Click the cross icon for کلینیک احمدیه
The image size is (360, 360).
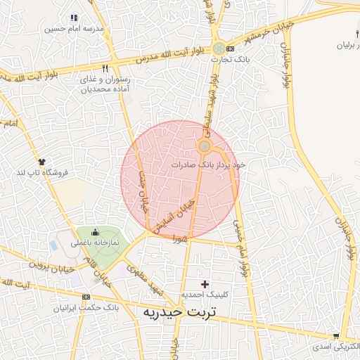205,284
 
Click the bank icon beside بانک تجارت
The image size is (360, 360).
231,49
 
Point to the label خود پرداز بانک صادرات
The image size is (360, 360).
208,164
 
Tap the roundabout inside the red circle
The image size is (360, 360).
204,146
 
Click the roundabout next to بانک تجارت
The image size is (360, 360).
220,49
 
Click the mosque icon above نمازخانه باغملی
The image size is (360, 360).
96,232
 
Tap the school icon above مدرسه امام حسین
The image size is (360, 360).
74,18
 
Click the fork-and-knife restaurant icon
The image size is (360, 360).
105,69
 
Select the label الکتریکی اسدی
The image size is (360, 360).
335,347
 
